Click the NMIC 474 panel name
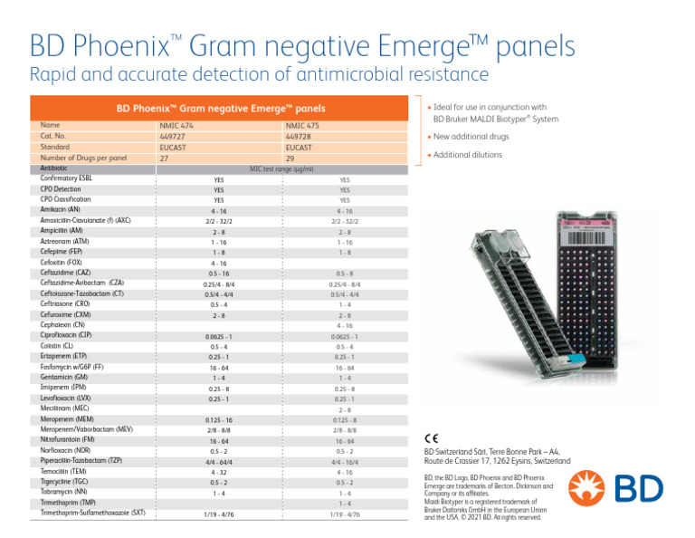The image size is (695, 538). [176, 126]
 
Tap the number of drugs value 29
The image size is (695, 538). [290, 158]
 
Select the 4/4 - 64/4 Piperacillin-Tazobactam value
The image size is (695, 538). [218, 462]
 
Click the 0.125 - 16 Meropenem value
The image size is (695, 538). [218, 420]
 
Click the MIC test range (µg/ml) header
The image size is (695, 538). [281, 168]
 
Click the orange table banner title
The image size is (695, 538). [221, 109]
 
